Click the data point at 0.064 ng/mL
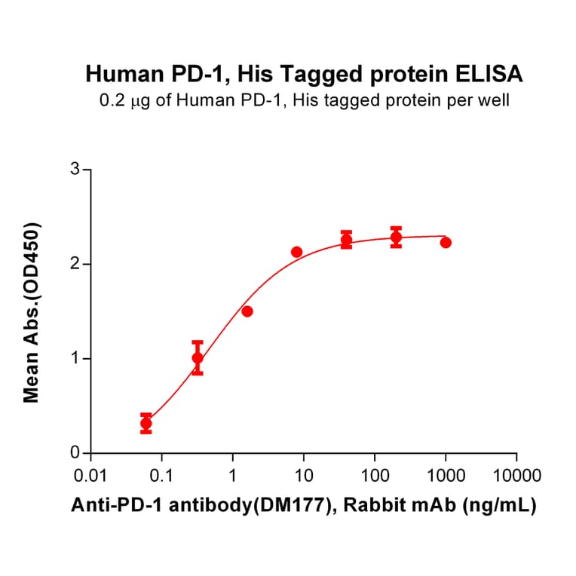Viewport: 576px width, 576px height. click(146, 424)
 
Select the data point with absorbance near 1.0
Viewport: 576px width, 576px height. click(198, 358)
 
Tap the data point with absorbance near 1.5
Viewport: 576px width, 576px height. click(247, 311)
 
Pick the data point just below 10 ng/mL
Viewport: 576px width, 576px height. click(296, 252)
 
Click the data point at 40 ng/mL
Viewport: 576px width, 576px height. click(346, 240)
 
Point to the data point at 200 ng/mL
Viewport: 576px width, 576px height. click(396, 237)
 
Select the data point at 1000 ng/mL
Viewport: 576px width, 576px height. click(446, 242)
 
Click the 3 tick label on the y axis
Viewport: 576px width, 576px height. click(75, 170)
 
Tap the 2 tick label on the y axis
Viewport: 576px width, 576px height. click(75, 265)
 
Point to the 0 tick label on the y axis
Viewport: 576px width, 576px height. click(75, 453)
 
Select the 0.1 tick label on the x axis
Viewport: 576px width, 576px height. click(161, 476)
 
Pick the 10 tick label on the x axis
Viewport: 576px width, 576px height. click(303, 476)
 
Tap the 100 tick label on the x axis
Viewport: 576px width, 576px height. click(374, 476)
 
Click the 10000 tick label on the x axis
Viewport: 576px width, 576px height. click(516, 476)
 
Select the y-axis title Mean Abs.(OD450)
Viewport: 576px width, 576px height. click(32, 312)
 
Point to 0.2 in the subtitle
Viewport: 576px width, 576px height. click(111, 100)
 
